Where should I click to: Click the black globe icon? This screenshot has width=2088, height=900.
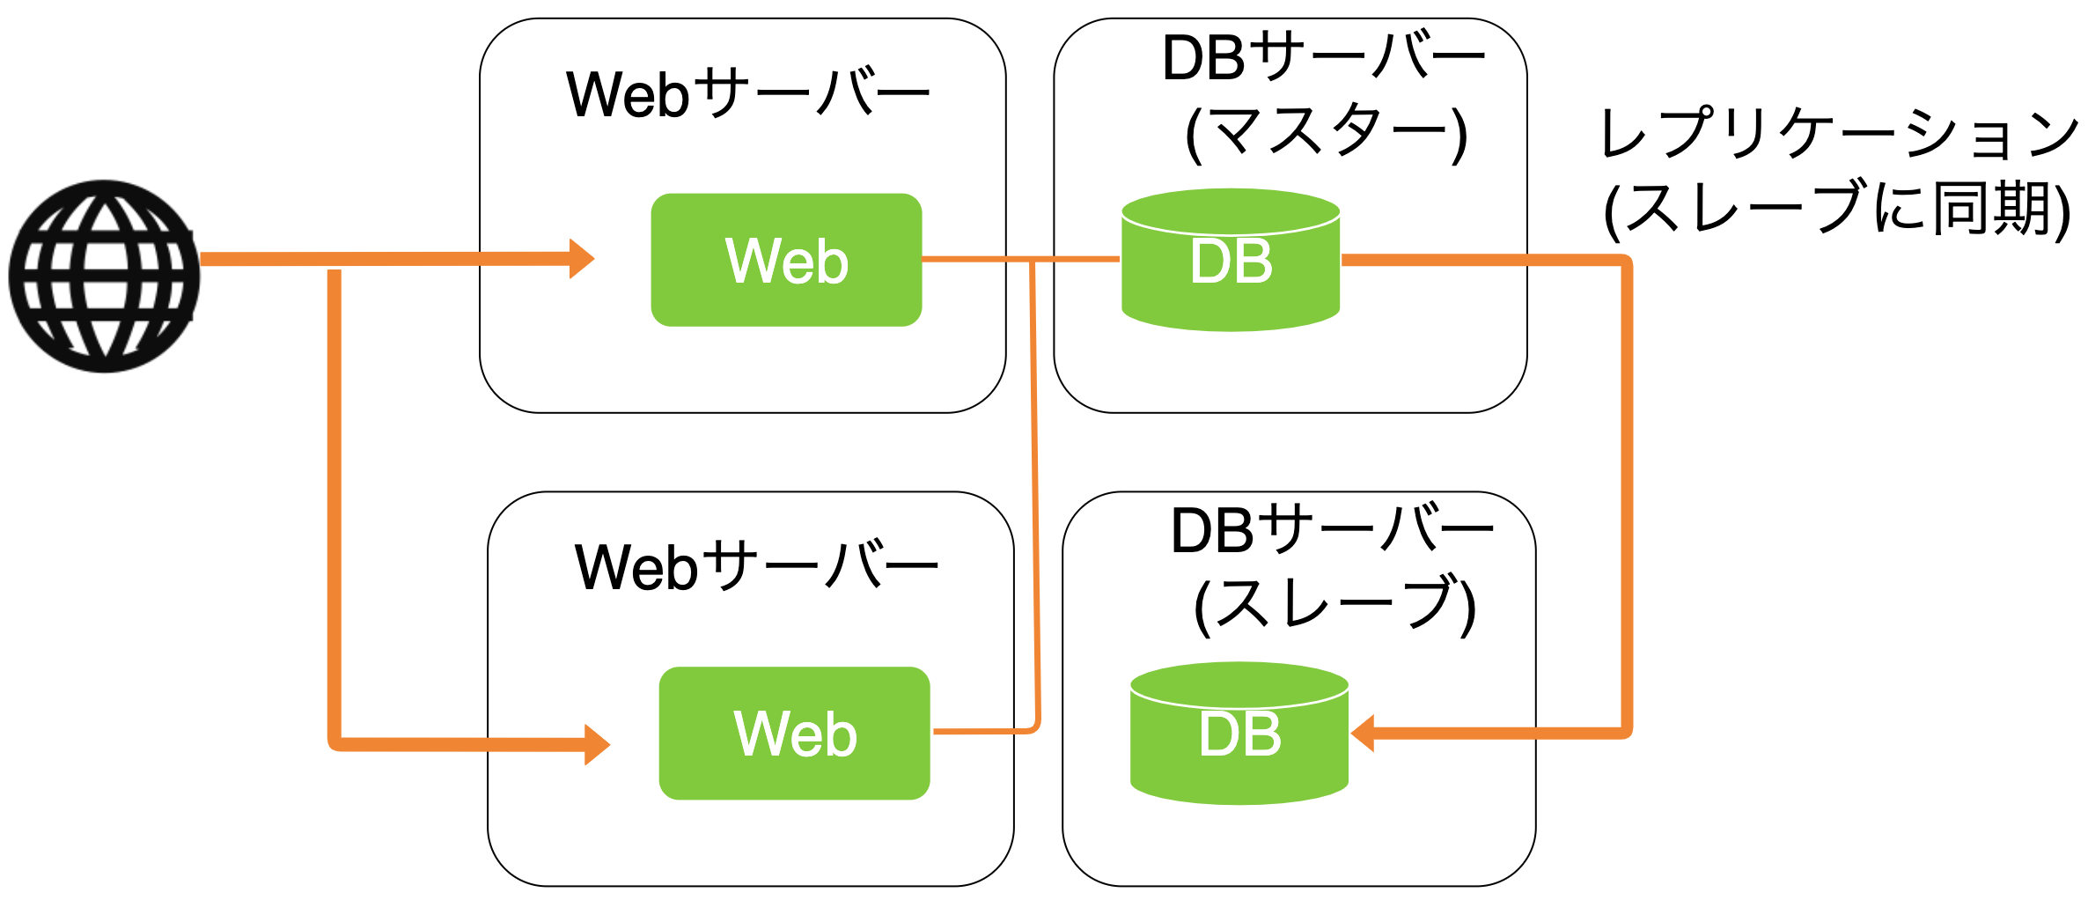click(104, 276)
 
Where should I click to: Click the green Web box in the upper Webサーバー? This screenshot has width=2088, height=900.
click(786, 260)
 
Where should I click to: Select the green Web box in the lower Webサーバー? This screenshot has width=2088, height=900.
click(794, 733)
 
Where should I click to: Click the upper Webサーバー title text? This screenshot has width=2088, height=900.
click(747, 93)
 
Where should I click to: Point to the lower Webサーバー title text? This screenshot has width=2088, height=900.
click(755, 566)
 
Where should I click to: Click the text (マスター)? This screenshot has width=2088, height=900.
click(1326, 134)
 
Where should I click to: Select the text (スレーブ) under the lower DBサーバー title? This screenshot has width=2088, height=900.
click(1334, 607)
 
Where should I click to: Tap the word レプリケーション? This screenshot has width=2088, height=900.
click(1838, 134)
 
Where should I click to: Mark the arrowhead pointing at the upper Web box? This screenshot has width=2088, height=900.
click(581, 258)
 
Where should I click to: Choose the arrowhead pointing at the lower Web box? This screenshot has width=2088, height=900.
click(597, 745)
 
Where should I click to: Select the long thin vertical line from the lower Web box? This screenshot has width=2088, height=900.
click(1035, 493)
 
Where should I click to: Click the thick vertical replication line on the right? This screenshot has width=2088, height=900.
click(1627, 493)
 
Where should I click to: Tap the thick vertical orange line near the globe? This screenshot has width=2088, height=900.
click(335, 502)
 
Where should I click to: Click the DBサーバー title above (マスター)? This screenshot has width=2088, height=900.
click(1322, 58)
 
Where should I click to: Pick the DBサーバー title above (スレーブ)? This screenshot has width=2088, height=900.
click(1331, 531)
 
